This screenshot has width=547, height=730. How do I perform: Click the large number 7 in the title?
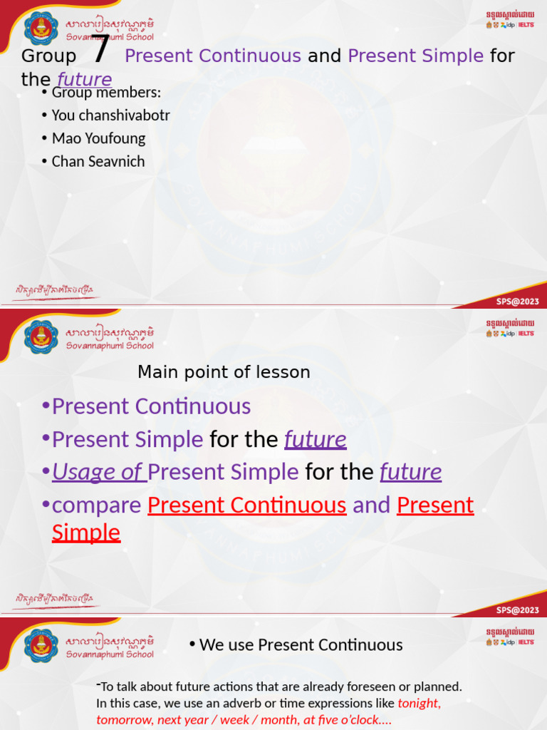click(x=101, y=50)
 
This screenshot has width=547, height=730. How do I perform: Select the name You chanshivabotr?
click(x=110, y=115)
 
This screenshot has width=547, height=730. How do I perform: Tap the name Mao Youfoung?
click(x=98, y=138)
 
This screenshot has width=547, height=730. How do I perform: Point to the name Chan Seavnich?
click(x=98, y=161)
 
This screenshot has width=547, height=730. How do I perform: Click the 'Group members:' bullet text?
click(x=106, y=93)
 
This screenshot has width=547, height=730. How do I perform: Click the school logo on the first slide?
click(x=41, y=29)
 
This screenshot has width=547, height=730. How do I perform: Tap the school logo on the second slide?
click(x=41, y=336)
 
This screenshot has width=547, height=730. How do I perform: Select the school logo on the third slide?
click(x=41, y=645)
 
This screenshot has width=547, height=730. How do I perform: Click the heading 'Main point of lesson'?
click(x=224, y=372)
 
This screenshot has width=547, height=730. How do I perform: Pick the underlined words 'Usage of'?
click(x=99, y=472)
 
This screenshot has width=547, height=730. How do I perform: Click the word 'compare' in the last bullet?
click(x=97, y=505)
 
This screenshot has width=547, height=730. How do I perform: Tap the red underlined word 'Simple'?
click(x=86, y=533)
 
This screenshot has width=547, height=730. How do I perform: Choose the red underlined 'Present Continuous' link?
click(x=246, y=505)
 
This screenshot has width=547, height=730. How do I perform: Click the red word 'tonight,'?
click(x=419, y=704)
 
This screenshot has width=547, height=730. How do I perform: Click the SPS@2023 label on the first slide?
click(x=518, y=302)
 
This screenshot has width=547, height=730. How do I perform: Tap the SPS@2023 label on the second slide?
click(x=518, y=610)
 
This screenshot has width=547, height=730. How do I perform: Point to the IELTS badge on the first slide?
click(x=526, y=25)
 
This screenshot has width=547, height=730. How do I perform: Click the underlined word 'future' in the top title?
click(x=85, y=79)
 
